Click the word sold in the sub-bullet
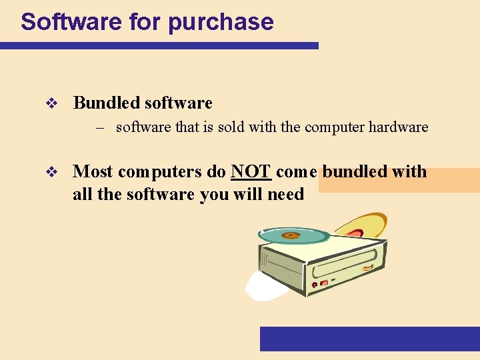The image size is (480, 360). [x=229, y=127]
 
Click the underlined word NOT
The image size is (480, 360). [x=251, y=171]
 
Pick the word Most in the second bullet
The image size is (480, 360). [x=93, y=171]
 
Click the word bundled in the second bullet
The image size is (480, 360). [x=355, y=171]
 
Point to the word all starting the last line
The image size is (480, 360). [x=81, y=194]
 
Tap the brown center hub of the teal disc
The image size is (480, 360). [x=291, y=235]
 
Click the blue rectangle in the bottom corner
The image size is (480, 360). [x=369, y=338]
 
